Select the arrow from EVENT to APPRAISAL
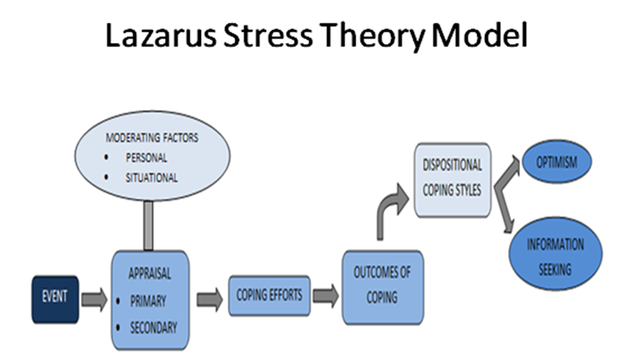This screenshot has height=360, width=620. tap(93, 297)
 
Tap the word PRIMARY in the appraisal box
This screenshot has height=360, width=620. tap(148, 302)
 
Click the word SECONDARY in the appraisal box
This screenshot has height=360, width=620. tap(153, 328)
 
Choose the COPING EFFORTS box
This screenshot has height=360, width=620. tap(269, 295)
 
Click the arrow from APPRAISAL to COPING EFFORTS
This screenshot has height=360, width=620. tap(210, 297)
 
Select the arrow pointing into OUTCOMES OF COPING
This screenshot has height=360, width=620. tap(326, 295)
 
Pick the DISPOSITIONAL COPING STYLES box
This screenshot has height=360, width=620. tap(452, 179)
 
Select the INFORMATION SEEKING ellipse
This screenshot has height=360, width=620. tap(555, 256)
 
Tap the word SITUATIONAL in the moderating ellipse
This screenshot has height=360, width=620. tap(151, 177)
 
